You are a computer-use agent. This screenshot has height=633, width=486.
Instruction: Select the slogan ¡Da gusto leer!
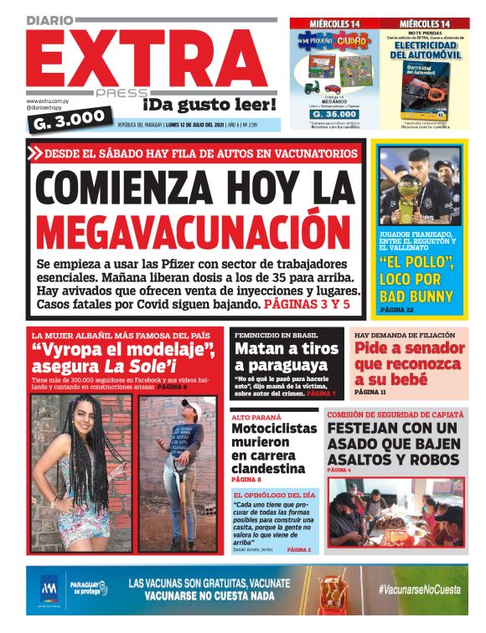pyautogui.click(x=209, y=105)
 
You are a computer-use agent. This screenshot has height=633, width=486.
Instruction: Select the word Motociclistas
pyautogui.click(x=274, y=428)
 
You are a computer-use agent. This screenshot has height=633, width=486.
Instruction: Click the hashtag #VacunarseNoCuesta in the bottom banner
pyautogui.click(x=418, y=589)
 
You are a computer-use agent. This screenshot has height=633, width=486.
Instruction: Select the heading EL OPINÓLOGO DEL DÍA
pyautogui.click(x=274, y=495)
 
